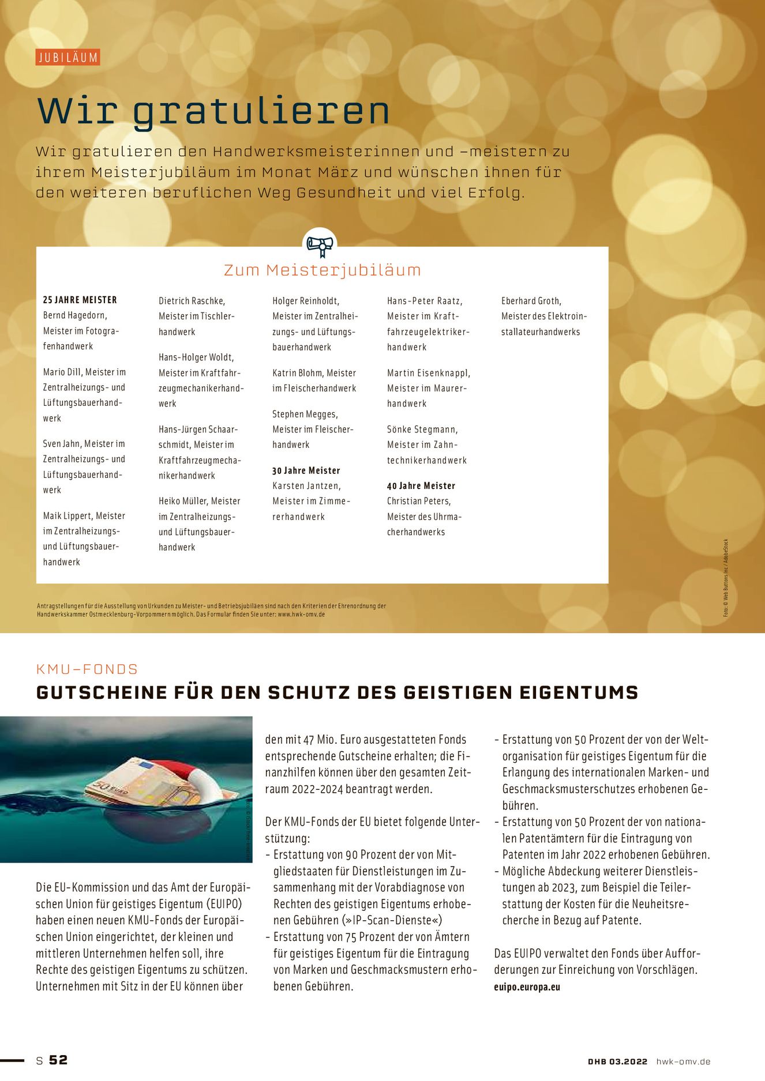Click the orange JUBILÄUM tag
[67, 58]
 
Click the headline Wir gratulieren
[213, 110]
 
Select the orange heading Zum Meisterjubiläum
[322, 270]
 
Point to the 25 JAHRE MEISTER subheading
[80, 300]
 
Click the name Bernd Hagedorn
[75, 315]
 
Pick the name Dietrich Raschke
[192, 301]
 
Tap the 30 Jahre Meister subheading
[306, 470]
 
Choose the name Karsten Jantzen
[306, 486]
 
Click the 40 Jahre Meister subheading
[421, 486]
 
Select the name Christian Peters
[419, 501]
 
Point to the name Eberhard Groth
[531, 301]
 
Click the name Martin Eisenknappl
[428, 373]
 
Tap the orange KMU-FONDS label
[87, 669]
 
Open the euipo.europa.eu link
[527, 986]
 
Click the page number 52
[58, 1060]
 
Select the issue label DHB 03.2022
[617, 1061]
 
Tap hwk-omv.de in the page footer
[683, 1061]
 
